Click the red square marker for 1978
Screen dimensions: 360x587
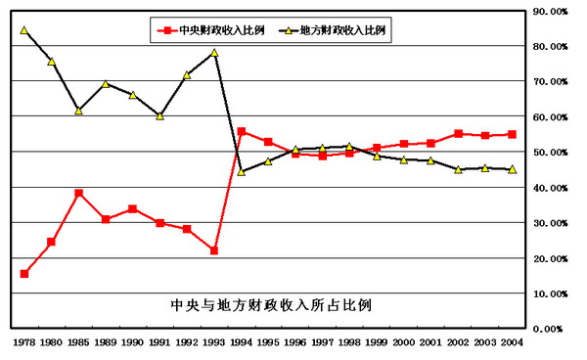pyautogui.click(x=24, y=273)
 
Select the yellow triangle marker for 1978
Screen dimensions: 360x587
pyautogui.click(x=24, y=30)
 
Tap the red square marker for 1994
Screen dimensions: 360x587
pyautogui.click(x=242, y=132)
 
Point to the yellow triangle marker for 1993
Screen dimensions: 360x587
pyautogui.click(x=214, y=53)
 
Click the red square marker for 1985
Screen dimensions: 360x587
pyautogui.click(x=78, y=193)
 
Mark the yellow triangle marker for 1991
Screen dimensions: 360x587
pyautogui.click(x=159, y=115)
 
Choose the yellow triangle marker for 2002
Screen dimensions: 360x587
pyautogui.click(x=458, y=169)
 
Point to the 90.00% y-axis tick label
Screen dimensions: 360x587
pyautogui.click(x=550, y=12)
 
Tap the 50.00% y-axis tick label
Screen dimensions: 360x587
pyautogui.click(x=550, y=153)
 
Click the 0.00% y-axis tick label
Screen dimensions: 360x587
pyautogui.click(x=552, y=329)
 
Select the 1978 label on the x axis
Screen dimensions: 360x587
pyautogui.click(x=24, y=343)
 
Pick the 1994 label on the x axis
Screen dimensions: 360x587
pyautogui.click(x=242, y=343)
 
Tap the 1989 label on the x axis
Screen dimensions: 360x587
pyautogui.click(x=106, y=343)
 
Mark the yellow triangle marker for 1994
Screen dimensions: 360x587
pyautogui.click(x=242, y=171)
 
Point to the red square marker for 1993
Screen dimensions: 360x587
pyautogui.click(x=214, y=250)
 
